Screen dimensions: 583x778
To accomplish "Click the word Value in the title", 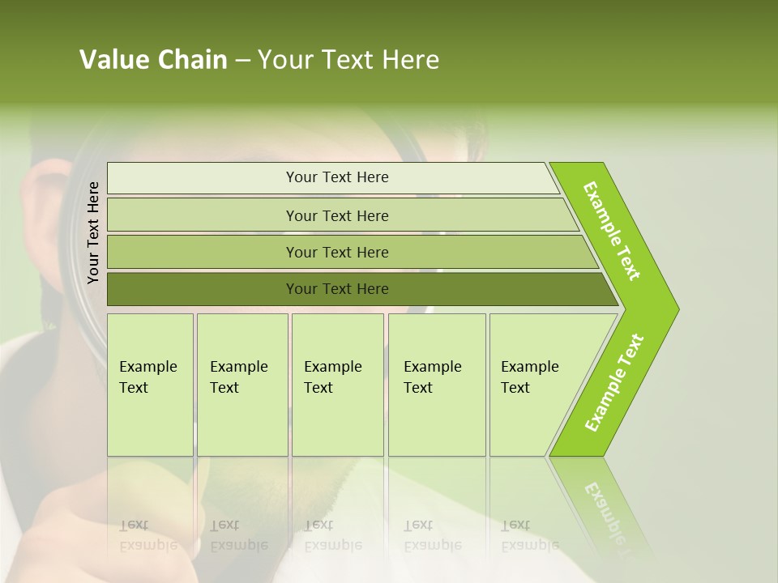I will pyautogui.click(x=111, y=60).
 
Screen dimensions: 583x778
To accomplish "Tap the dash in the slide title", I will pyautogui.click(x=242, y=61).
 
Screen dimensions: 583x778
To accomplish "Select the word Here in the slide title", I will pyautogui.click(x=411, y=60).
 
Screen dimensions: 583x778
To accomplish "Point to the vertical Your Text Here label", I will pyautogui.click(x=93, y=232).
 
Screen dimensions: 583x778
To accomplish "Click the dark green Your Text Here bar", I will pyautogui.click(x=337, y=289).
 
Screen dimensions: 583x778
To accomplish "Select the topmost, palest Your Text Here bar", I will pyautogui.click(x=337, y=177).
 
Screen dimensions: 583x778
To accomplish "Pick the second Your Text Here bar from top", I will pyautogui.click(x=337, y=215).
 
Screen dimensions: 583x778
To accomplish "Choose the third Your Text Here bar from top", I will pyautogui.click(x=337, y=252).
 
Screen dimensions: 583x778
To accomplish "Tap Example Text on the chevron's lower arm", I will pyautogui.click(x=614, y=382).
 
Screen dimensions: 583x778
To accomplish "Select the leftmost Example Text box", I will pyautogui.click(x=150, y=385).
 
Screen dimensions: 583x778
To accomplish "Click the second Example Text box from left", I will pyautogui.click(x=242, y=385).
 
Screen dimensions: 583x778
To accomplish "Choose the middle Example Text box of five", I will pyautogui.click(x=337, y=385).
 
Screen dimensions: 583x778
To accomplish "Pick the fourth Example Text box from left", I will pyautogui.click(x=436, y=385).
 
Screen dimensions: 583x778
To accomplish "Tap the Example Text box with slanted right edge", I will pyautogui.click(x=535, y=385).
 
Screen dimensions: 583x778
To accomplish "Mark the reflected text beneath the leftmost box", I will pyautogui.click(x=147, y=535).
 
